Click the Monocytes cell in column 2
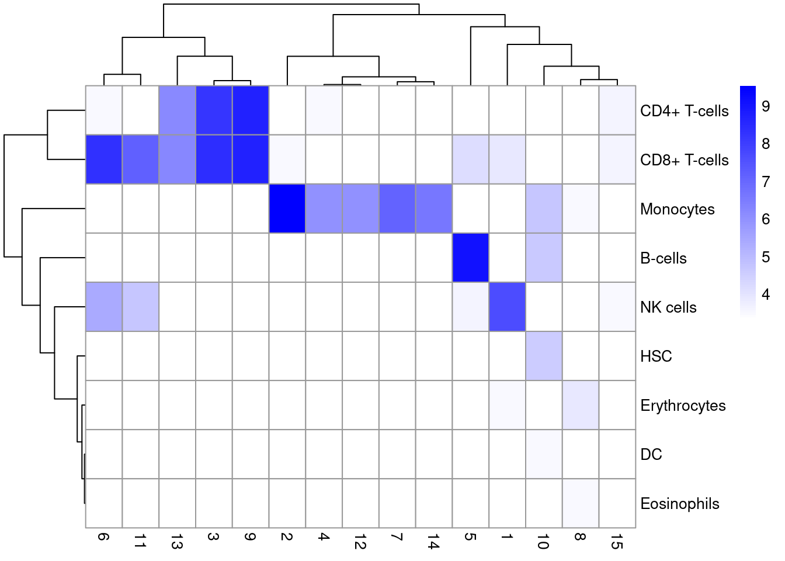click(287, 209)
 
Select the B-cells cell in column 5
click(470, 258)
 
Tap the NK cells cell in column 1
click(507, 307)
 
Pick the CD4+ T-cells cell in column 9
click(251, 110)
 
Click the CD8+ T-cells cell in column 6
click(104, 160)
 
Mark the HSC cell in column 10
click(544, 356)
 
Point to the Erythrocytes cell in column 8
click(581, 405)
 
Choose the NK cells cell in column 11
click(140, 307)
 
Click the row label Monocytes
click(677, 209)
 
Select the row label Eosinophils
click(679, 504)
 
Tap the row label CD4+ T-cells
click(684, 111)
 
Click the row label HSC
click(656, 356)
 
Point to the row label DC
click(651, 455)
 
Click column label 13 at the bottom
click(176, 543)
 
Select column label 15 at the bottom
click(616, 543)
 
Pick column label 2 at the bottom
click(286, 537)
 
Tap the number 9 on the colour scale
click(766, 106)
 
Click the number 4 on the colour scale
click(766, 295)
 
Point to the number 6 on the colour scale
click(766, 219)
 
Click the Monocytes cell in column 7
click(397, 209)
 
